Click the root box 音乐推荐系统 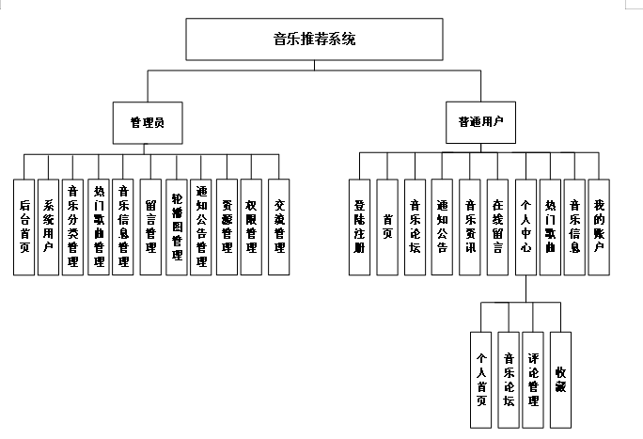tap(314, 39)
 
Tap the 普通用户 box tap(481, 121)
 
